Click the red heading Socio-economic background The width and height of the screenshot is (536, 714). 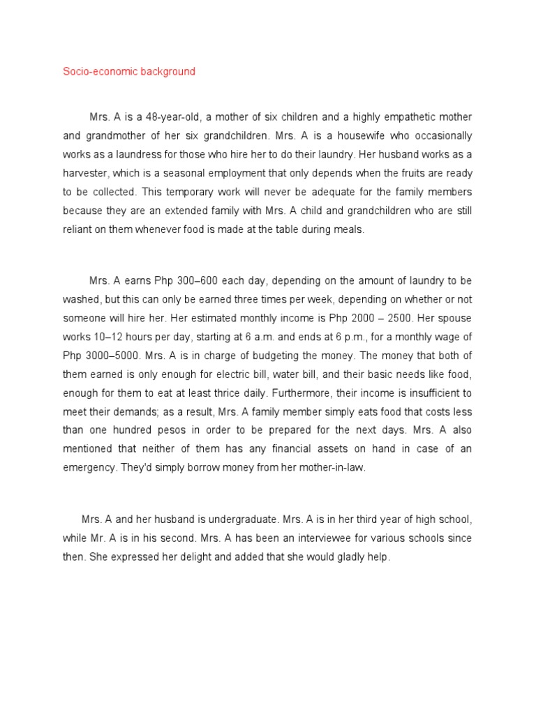[129, 72]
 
